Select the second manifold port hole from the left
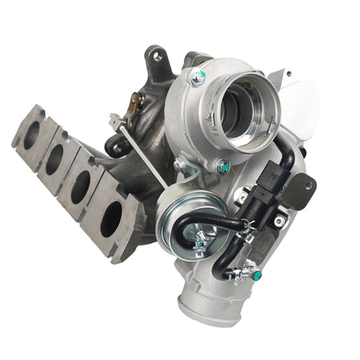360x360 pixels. (x=54, y=160)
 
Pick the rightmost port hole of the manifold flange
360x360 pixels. (x=110, y=219)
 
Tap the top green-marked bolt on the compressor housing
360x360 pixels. (x=199, y=77)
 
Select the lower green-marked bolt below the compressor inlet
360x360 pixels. (x=225, y=166)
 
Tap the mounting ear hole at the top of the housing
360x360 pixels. (x=156, y=56)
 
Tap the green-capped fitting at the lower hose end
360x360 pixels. (x=253, y=274)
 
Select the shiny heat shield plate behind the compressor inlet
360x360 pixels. (x=301, y=98)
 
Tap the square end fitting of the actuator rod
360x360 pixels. (x=115, y=121)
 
